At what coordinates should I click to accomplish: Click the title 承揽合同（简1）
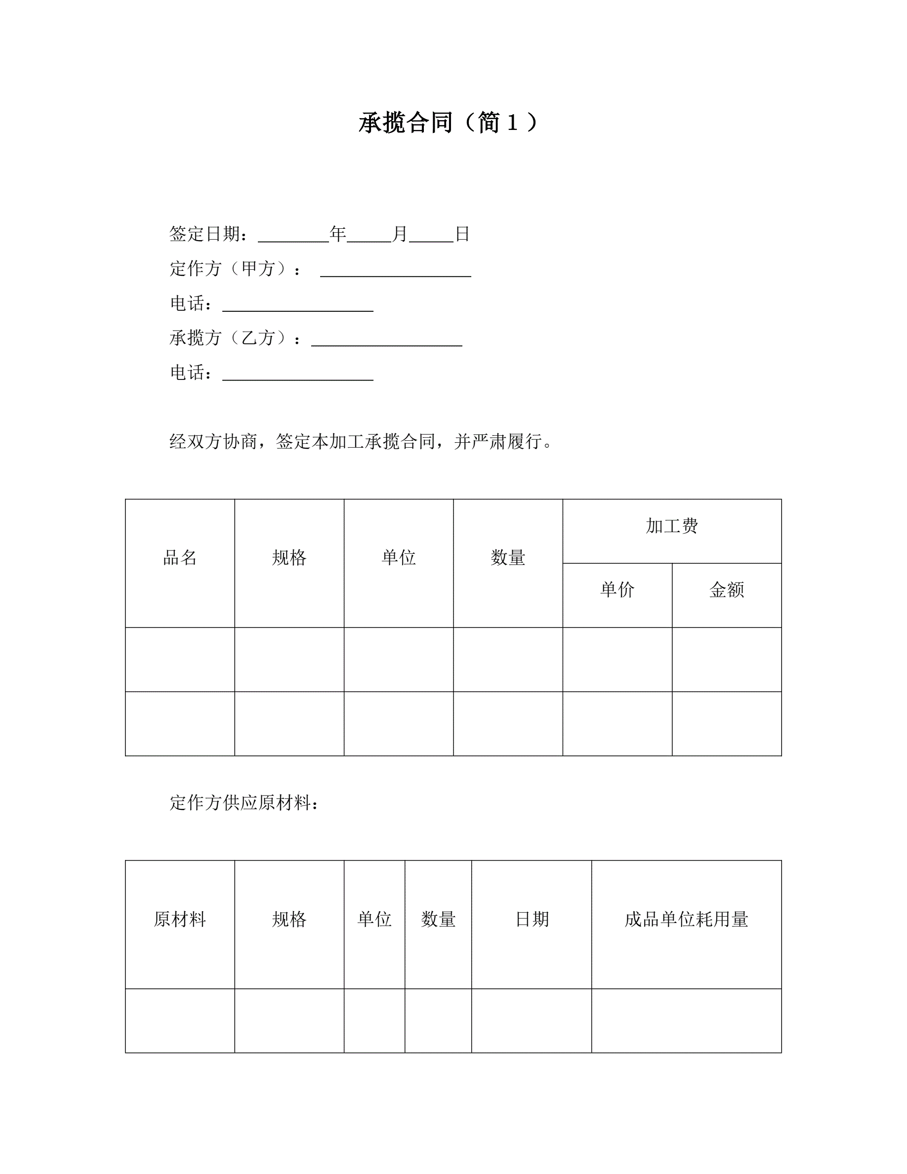coord(448,123)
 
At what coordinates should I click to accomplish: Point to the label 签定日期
coord(205,234)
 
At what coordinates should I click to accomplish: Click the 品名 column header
coord(179,557)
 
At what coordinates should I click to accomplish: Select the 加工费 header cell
coord(672,526)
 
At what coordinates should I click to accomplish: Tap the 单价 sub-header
coord(617,589)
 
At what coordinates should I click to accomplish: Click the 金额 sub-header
coord(727,589)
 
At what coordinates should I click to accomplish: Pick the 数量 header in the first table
coord(508,557)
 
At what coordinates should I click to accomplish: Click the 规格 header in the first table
coord(289,557)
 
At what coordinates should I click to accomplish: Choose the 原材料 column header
coord(179,919)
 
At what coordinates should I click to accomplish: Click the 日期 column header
coord(532,919)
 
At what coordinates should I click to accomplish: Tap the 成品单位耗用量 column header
coord(686,919)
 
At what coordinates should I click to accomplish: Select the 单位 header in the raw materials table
coord(374,919)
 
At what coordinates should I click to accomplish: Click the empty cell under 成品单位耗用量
coord(686,1020)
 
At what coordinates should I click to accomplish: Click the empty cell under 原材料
coord(179,1020)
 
